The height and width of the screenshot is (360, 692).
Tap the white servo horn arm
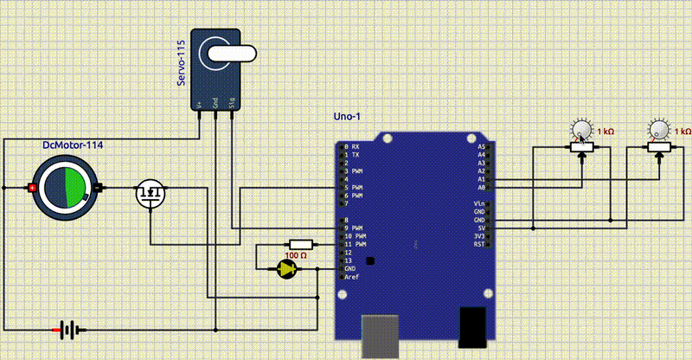230,55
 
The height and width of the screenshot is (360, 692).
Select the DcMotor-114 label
73,145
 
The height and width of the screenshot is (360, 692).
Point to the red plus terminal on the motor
33,188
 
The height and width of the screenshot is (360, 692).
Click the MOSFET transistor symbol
151,194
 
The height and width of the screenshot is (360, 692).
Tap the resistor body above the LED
300,244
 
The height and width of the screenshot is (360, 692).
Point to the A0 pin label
481,187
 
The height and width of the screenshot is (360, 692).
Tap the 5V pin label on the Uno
480,228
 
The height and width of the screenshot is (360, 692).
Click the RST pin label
479,244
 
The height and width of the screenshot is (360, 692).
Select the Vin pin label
479,203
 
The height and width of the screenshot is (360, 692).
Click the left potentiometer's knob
581,131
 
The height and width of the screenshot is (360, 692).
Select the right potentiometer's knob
659,131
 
